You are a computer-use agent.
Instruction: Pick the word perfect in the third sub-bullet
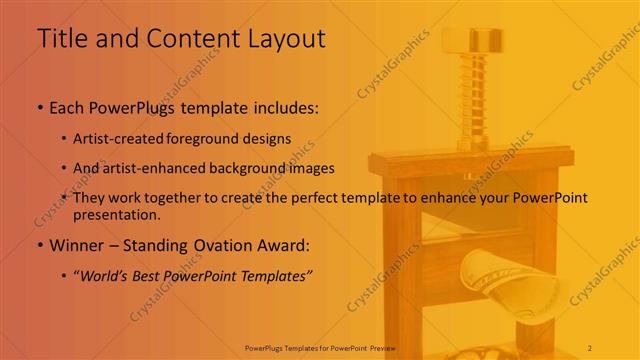click(x=316, y=198)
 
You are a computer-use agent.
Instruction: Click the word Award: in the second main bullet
click(x=283, y=245)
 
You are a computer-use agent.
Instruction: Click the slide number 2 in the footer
click(x=590, y=347)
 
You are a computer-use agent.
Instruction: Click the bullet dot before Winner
click(x=40, y=246)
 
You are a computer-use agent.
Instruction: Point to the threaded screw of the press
click(x=465, y=100)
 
